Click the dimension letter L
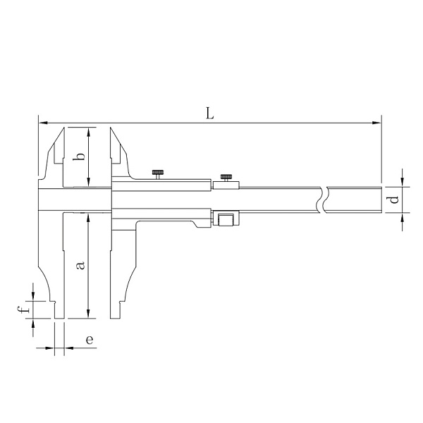pyautogui.click(x=210, y=114)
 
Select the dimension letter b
pyautogui.click(x=79, y=157)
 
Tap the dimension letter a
pyautogui.click(x=80, y=265)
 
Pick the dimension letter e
pyautogui.click(x=90, y=340)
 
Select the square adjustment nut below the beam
pyautogui.click(x=226, y=221)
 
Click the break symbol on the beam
pyautogui.click(x=322, y=200)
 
